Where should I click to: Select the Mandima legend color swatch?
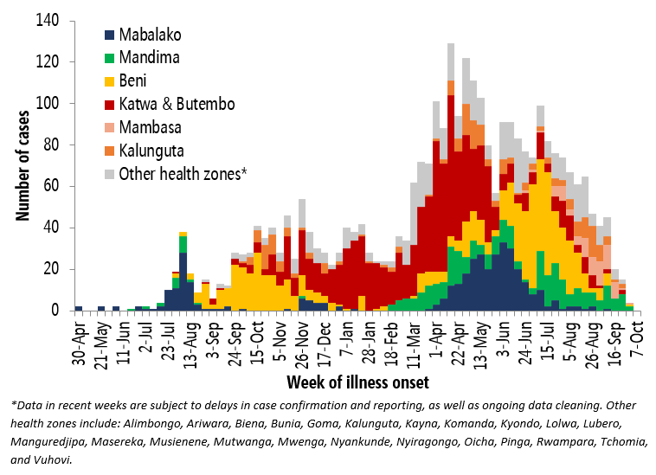point(107,59)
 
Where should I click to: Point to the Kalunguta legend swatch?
point(107,150)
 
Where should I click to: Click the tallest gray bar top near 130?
point(451,44)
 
